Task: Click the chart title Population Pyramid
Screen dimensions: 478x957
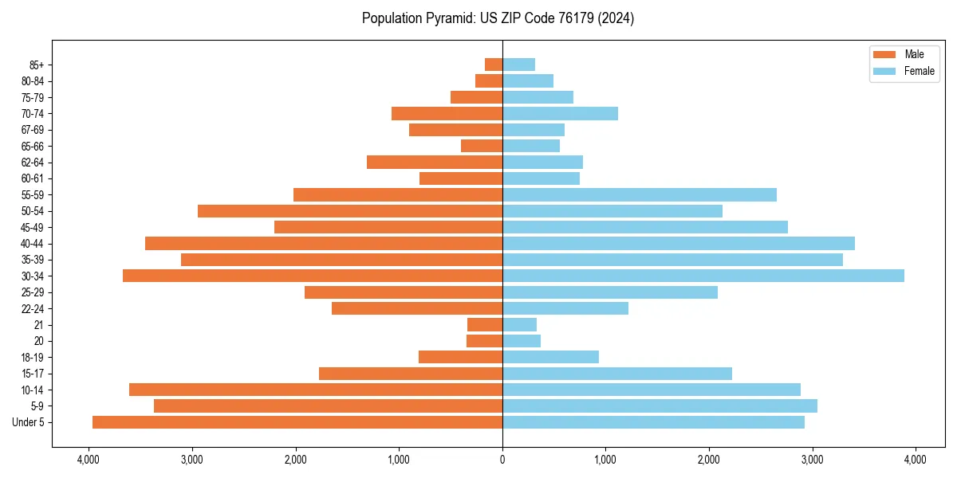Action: (x=498, y=18)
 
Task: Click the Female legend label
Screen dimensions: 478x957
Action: (x=920, y=71)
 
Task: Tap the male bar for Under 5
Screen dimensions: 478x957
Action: (x=297, y=422)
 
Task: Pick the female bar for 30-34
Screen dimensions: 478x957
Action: (x=703, y=276)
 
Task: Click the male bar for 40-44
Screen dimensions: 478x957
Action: (x=323, y=243)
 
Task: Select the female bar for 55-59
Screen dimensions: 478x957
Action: (x=639, y=194)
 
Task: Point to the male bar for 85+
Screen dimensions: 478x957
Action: (x=494, y=65)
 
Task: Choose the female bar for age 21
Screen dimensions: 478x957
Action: (x=519, y=324)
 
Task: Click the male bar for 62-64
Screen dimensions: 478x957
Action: (x=434, y=162)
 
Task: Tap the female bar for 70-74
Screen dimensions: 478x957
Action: (x=560, y=113)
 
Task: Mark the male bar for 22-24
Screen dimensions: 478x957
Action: (x=416, y=308)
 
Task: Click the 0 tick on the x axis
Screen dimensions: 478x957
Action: (x=502, y=460)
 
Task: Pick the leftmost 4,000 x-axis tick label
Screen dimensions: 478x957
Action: (x=89, y=460)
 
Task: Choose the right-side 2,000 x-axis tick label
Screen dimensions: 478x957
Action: (x=709, y=460)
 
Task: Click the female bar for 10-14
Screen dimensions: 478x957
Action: (x=651, y=390)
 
